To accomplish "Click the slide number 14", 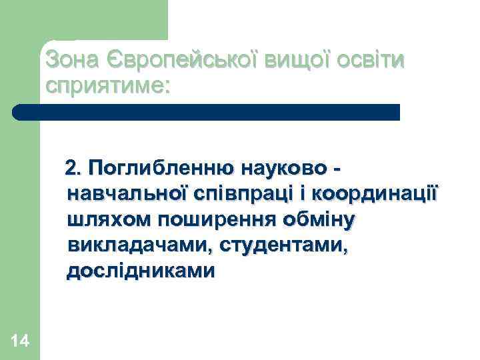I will click(20, 342).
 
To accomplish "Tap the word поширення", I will click(214, 219).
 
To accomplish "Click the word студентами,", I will click(279, 245).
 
